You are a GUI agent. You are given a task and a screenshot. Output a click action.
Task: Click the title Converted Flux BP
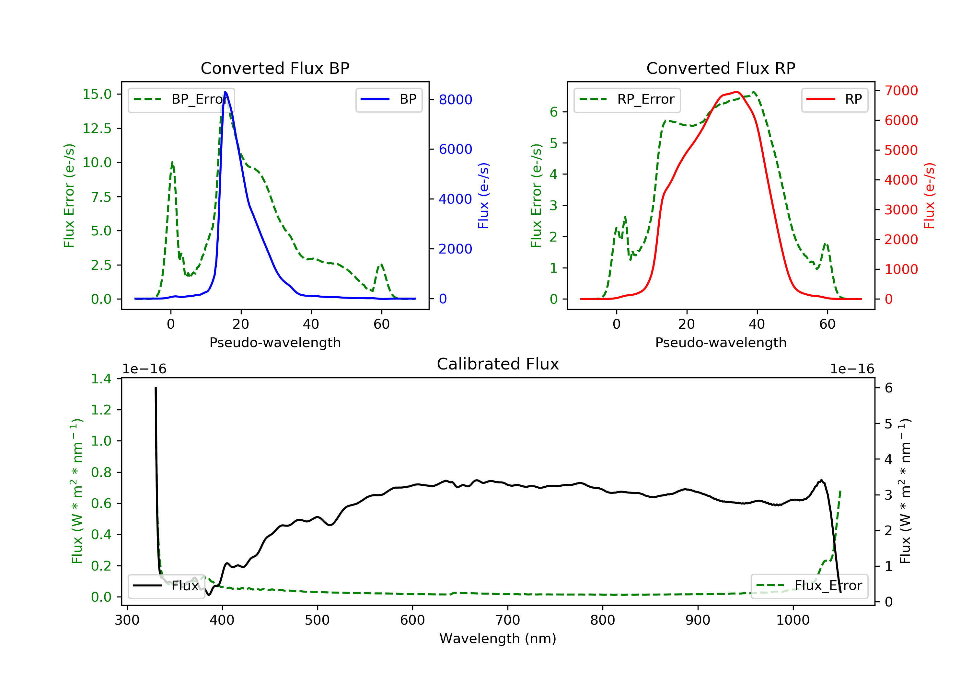(275, 68)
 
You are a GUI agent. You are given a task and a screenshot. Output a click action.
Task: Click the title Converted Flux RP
(721, 68)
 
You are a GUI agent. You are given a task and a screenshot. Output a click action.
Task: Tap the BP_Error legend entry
(181, 99)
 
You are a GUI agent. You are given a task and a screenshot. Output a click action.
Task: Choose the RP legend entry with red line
(834, 99)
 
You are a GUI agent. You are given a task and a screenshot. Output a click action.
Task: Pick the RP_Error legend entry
(627, 99)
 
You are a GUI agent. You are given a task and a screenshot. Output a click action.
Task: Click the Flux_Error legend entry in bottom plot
(809, 586)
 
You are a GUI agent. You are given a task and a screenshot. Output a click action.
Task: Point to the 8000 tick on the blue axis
(455, 99)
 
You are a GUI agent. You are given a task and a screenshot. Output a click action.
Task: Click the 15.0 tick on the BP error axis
(97, 94)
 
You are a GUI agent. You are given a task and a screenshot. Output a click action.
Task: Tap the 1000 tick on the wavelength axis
(793, 620)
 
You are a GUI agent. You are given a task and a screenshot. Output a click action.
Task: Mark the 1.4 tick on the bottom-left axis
(101, 379)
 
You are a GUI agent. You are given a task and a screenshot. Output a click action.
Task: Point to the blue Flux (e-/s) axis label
(483, 196)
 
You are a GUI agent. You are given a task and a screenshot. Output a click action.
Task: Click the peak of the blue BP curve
(225, 92)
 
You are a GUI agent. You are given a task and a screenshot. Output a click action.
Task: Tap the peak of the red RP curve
(737, 92)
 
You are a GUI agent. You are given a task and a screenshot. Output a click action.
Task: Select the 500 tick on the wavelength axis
(317, 620)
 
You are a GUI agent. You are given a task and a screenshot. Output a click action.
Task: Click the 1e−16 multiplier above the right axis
(852, 369)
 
